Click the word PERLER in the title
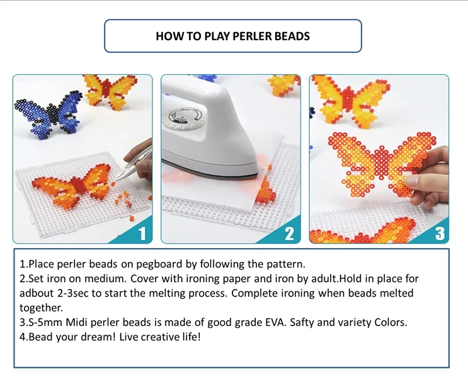coord(252,36)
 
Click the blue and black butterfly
coord(49,115)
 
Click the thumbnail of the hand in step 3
coord(413,181)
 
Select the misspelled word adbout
coord(37,293)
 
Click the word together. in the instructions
coord(41,308)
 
